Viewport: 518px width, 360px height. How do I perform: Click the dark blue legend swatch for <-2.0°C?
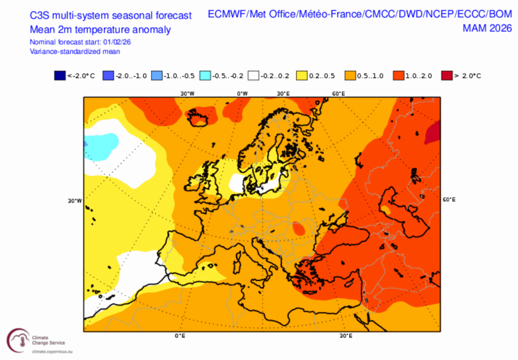(x=60, y=76)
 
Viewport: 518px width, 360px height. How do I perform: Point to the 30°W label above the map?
(x=187, y=94)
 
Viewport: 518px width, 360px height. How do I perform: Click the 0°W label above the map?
(x=243, y=94)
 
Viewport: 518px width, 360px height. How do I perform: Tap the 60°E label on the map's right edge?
(x=449, y=200)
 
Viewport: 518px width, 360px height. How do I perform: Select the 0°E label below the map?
(x=180, y=336)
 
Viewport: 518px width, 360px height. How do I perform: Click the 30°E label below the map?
(x=346, y=336)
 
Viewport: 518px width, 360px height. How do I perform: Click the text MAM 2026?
(x=487, y=28)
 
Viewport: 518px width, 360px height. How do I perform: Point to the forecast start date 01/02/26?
(x=117, y=42)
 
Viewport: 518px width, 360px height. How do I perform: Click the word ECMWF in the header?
(x=227, y=15)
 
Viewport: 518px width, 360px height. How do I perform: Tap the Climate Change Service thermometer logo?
(x=17, y=339)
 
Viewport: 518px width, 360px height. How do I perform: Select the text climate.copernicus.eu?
(x=51, y=352)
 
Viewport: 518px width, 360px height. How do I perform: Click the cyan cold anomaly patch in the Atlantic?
(x=102, y=145)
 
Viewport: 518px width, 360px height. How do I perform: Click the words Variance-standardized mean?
(x=75, y=51)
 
